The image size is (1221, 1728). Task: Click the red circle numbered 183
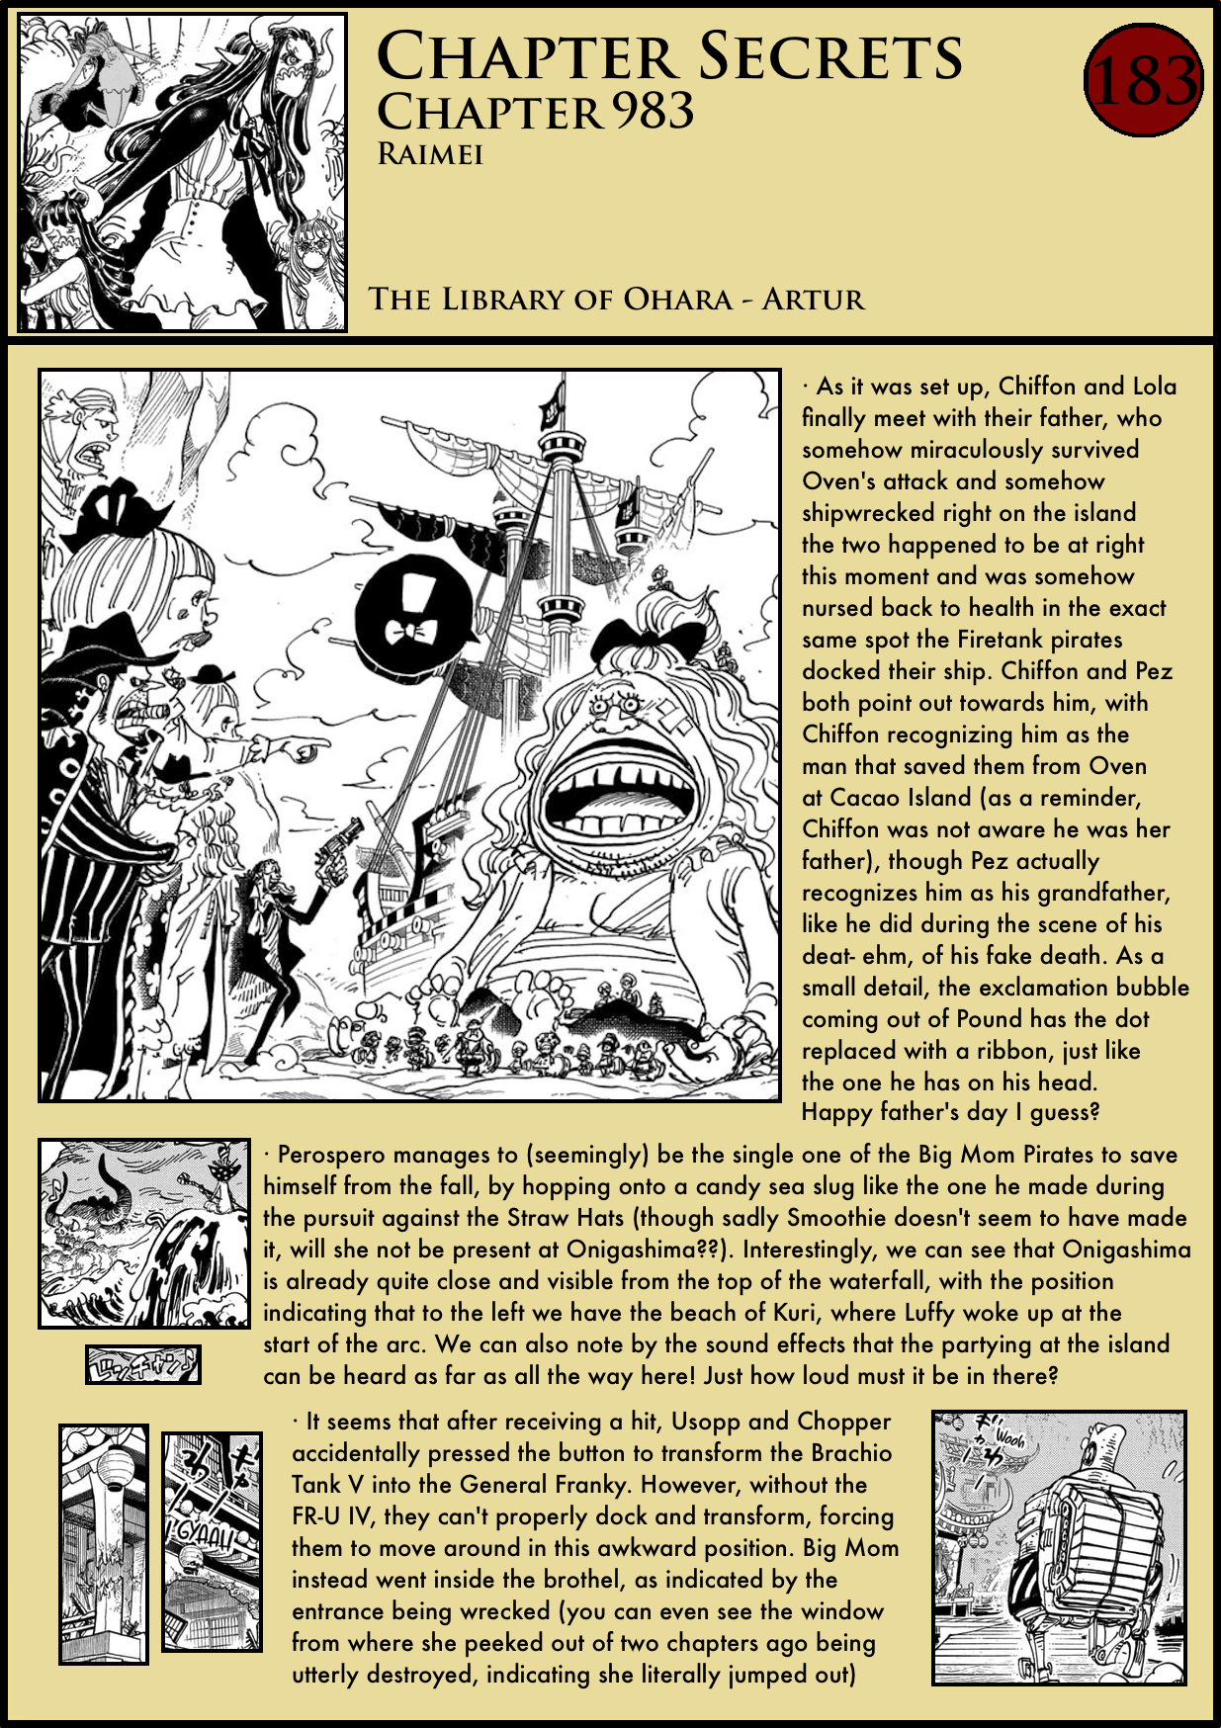pyautogui.click(x=1143, y=81)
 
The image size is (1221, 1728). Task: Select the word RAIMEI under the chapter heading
pyautogui.click(x=430, y=155)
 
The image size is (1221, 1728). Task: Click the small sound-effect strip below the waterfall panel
pyautogui.click(x=143, y=1365)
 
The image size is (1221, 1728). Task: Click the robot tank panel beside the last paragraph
pyautogui.click(x=1059, y=1547)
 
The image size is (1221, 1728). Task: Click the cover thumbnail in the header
pyautogui.click(x=183, y=172)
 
